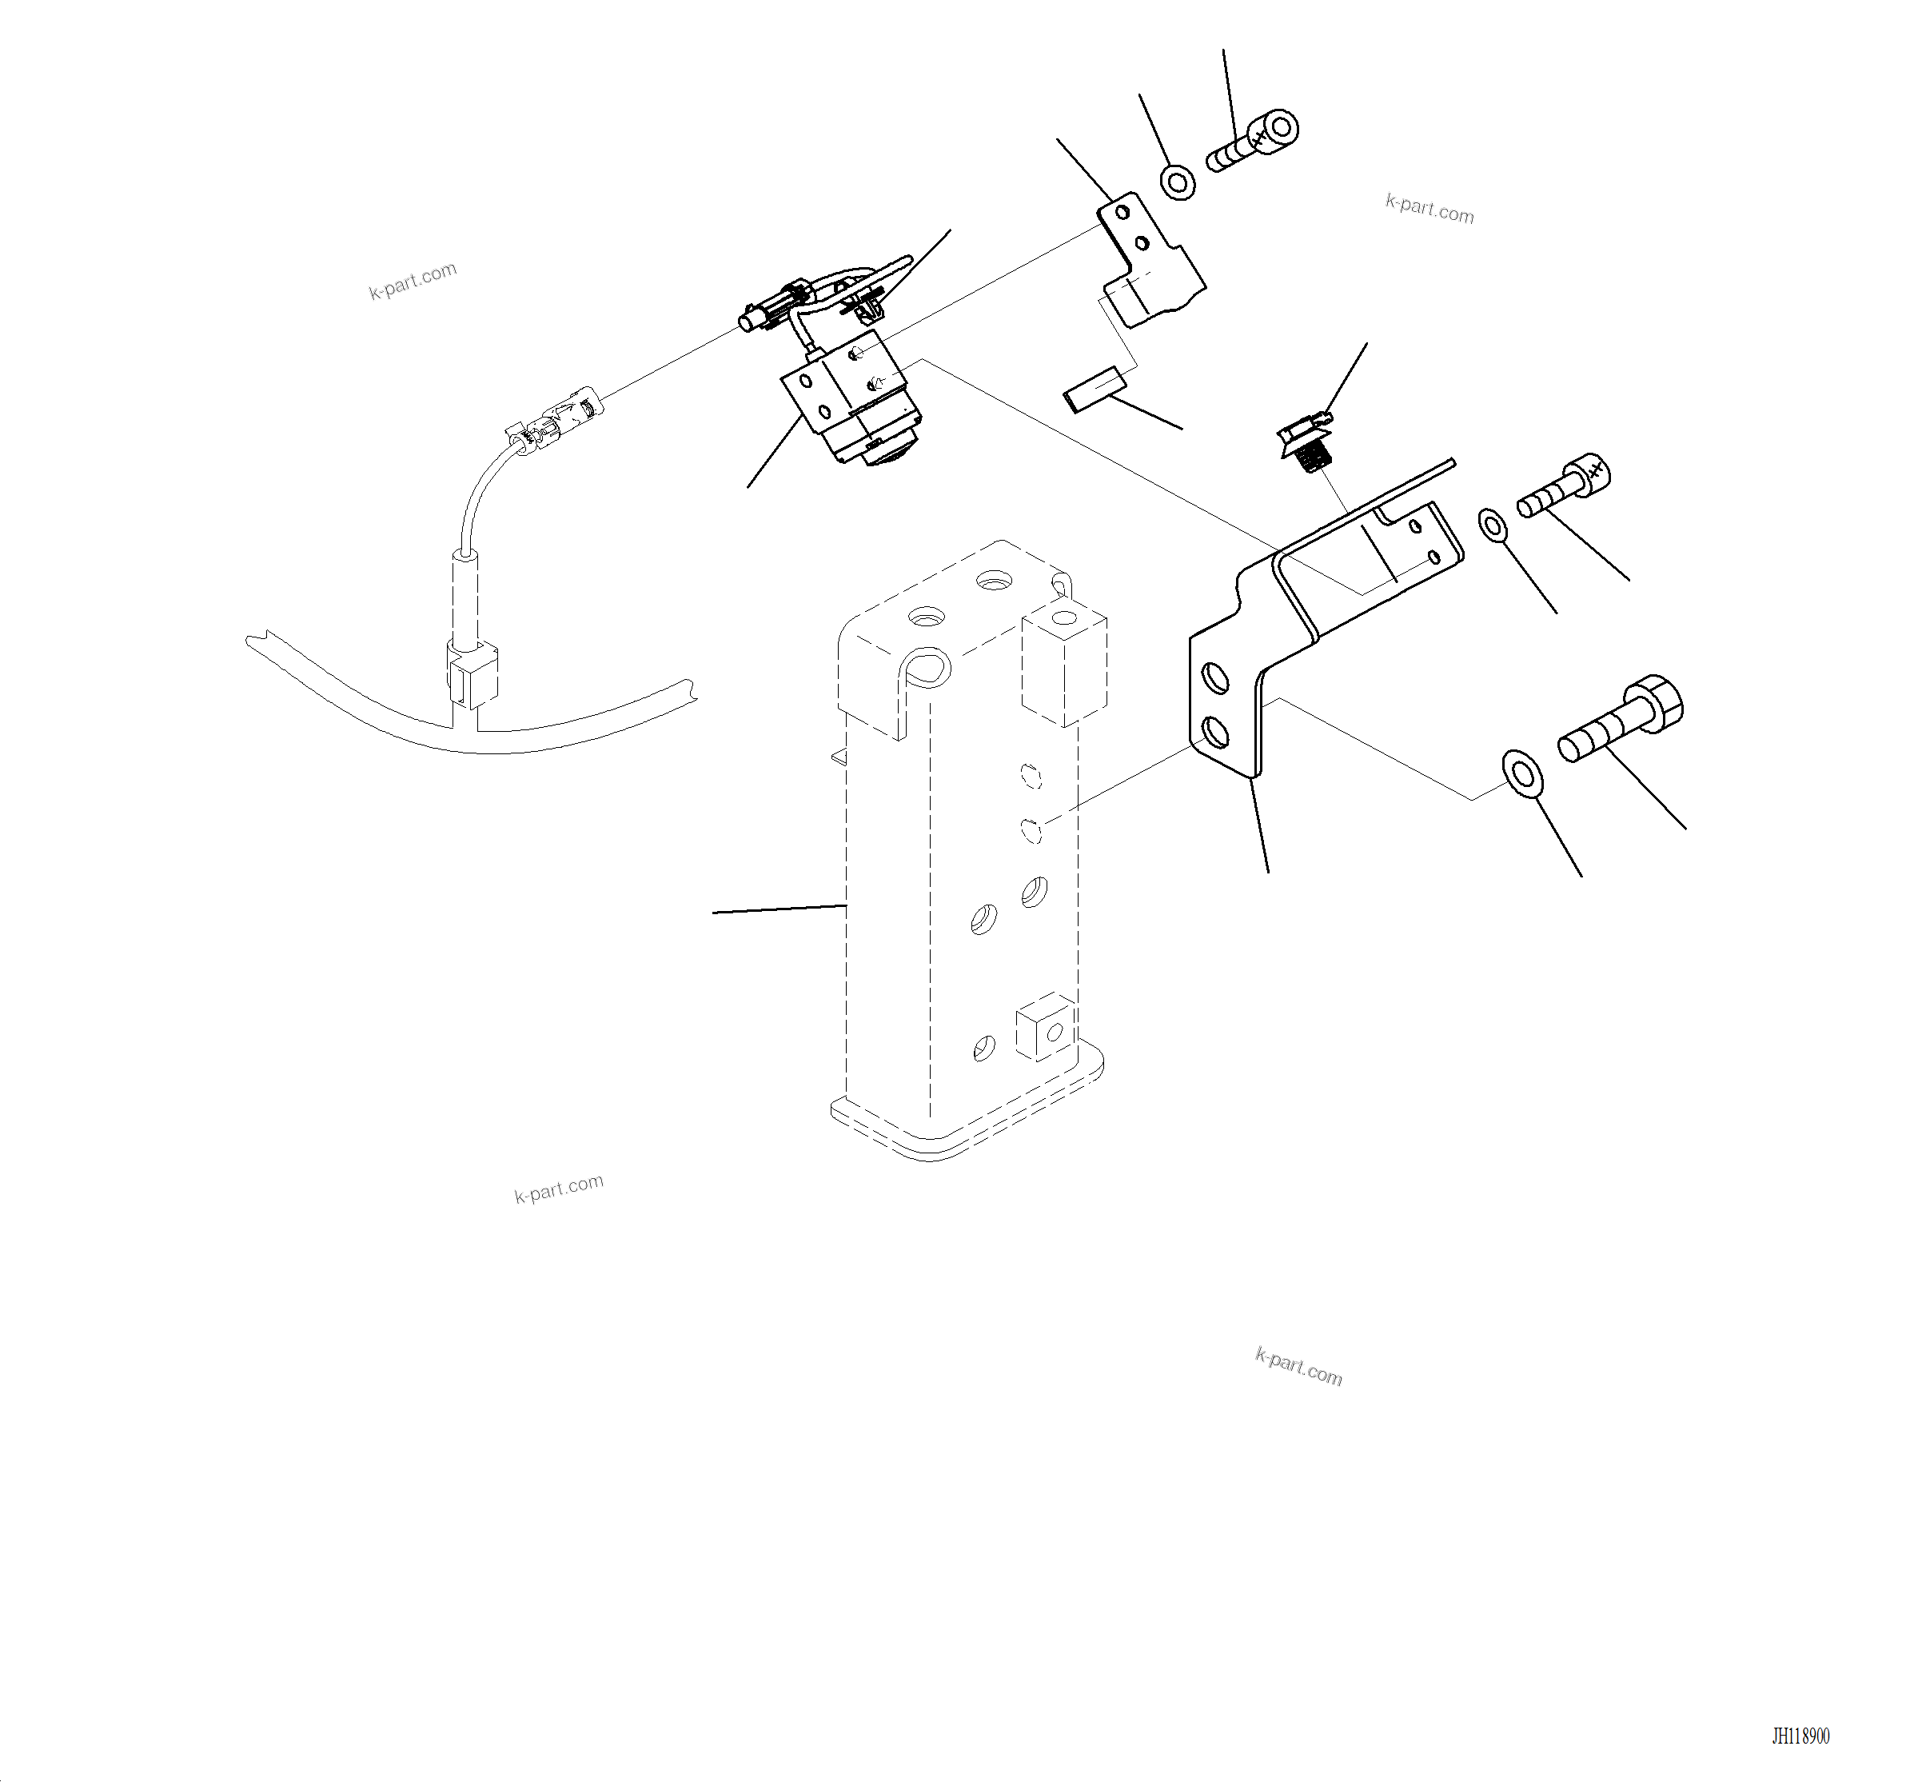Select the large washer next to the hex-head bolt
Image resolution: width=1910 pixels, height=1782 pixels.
pyautogui.click(x=1522, y=773)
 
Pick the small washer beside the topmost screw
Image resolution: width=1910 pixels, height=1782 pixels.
pyautogui.click(x=1178, y=182)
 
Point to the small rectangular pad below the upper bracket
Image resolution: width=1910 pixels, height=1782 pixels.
pyautogui.click(x=1094, y=390)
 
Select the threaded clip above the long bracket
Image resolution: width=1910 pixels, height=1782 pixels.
pyautogui.click(x=1306, y=442)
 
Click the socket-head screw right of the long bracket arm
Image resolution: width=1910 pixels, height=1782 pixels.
pyautogui.click(x=1564, y=488)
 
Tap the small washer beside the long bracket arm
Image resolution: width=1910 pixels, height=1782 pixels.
pyautogui.click(x=1492, y=525)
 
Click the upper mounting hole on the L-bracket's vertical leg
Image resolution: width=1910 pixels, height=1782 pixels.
pyautogui.click(x=1215, y=678)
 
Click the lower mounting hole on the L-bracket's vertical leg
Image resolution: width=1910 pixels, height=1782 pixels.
pyautogui.click(x=1215, y=733)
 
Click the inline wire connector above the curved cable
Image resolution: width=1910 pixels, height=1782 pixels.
pyautogui.click(x=557, y=423)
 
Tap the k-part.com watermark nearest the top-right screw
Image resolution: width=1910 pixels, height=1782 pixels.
pyautogui.click(x=1429, y=209)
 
